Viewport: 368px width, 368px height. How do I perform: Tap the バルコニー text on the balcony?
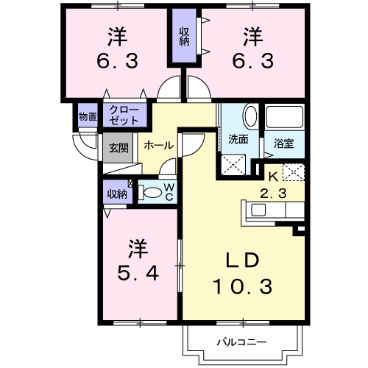241,342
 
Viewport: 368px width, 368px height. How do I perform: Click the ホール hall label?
158,146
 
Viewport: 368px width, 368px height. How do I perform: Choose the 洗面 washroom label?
237,138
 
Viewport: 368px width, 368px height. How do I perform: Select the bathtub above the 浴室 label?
283,118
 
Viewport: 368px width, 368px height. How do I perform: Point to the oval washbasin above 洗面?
250,116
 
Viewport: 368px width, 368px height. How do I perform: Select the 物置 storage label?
88,116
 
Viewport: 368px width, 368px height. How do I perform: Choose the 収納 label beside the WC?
116,194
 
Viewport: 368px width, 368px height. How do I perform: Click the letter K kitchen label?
272,176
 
